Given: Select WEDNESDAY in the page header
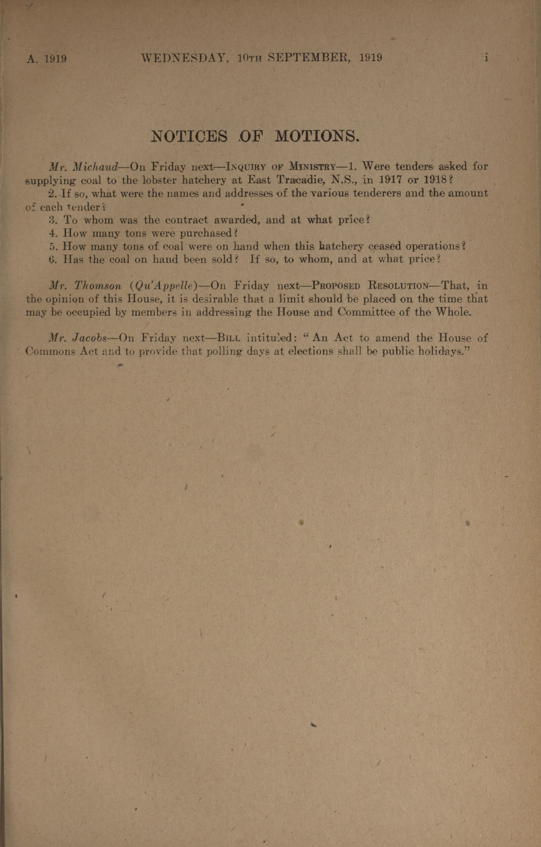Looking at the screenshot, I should click(183, 57).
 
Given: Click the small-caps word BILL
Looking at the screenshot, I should click(229, 338).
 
